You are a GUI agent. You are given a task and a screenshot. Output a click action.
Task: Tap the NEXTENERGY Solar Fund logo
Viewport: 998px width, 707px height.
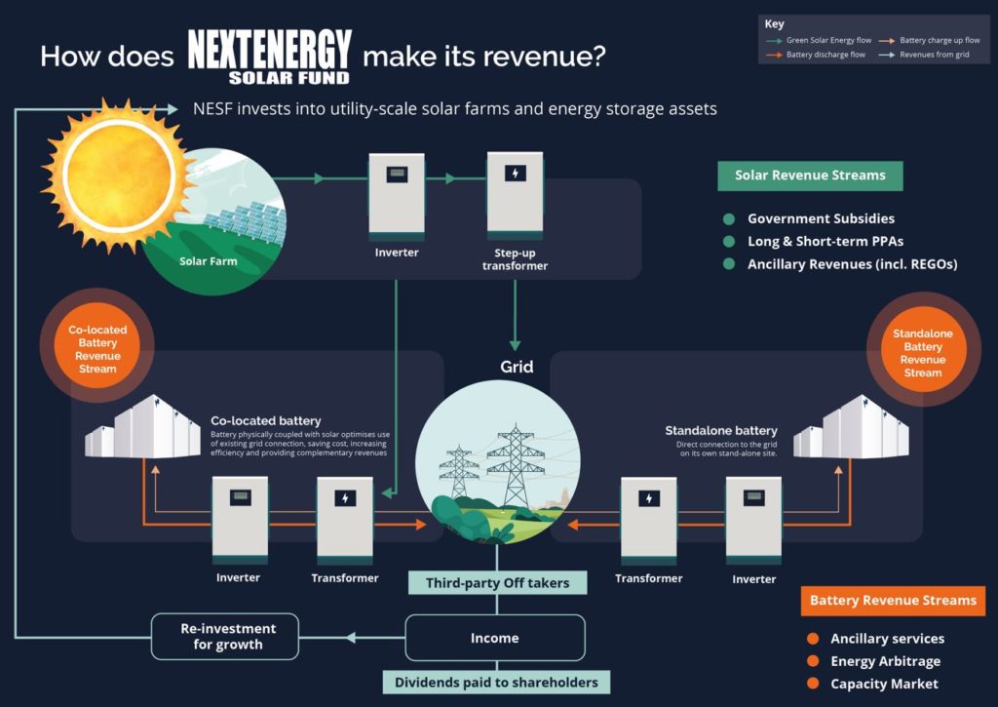coord(269,56)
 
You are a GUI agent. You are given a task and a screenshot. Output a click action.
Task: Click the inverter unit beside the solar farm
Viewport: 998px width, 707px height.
coord(396,196)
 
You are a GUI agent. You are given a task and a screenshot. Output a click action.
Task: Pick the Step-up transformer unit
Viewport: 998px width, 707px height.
coord(515,196)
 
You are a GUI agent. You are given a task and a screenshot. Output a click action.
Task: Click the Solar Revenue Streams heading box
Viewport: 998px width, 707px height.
coord(810,176)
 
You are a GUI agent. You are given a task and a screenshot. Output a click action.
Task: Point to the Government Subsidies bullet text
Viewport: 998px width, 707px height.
coord(821,218)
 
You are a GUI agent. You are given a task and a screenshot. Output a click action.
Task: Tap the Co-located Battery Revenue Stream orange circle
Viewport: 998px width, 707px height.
coord(97,349)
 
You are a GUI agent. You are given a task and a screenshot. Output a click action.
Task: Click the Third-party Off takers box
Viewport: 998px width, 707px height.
coord(497,583)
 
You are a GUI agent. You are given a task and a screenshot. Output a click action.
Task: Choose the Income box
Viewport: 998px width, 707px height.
coord(495,638)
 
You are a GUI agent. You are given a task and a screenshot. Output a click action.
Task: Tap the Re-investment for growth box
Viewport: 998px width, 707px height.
coord(227,636)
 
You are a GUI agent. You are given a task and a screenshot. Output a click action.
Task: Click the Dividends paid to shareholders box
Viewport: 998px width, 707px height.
coord(496,682)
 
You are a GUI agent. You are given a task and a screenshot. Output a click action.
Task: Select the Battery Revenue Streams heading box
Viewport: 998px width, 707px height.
coord(893,601)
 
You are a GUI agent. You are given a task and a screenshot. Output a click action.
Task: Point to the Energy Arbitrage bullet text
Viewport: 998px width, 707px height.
coord(885,661)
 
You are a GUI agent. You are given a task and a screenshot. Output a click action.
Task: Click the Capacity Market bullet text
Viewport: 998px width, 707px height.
coord(884,684)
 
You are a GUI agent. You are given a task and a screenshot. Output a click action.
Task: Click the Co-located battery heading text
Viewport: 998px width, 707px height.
coord(265,421)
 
